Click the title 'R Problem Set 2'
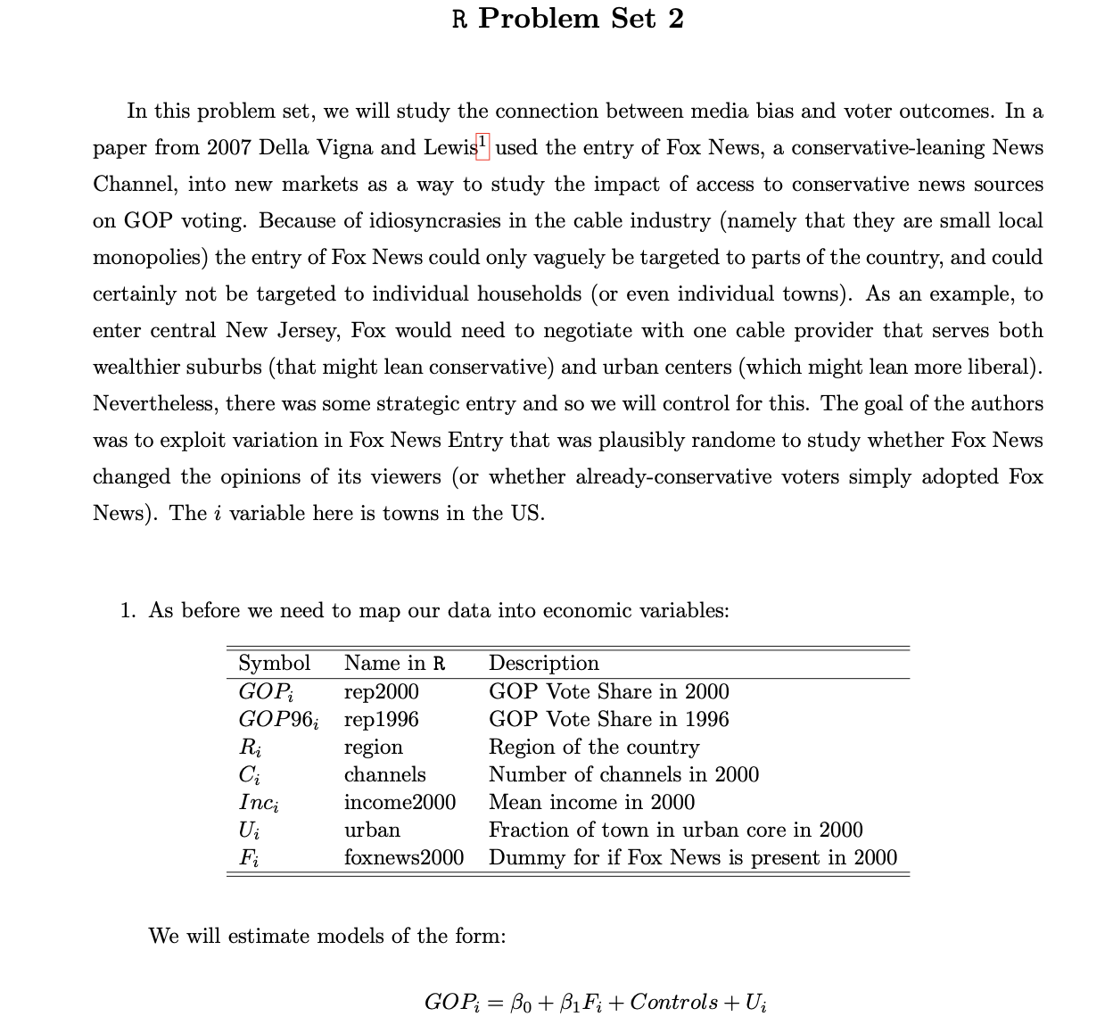point(568,19)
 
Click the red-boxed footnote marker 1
point(482,143)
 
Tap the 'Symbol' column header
point(274,663)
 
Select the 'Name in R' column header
point(394,663)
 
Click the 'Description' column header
point(544,663)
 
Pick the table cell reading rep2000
point(381,691)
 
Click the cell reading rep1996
point(381,719)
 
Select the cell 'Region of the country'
point(594,747)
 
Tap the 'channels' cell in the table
point(384,774)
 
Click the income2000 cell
point(400,802)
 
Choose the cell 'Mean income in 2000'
point(591,802)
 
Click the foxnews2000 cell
point(404,857)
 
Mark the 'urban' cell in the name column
point(372,830)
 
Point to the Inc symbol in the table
point(258,803)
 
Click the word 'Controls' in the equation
point(673,1002)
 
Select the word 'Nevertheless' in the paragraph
point(154,404)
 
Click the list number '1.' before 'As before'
point(128,611)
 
